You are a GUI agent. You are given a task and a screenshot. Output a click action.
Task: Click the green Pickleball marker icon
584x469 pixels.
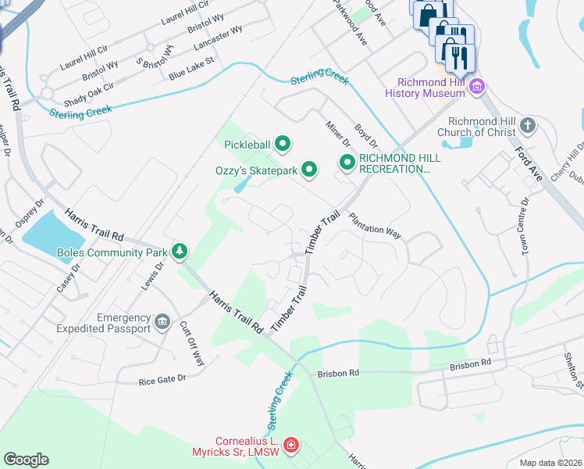point(283,144)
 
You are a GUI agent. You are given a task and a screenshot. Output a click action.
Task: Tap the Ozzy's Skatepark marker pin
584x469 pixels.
point(310,169)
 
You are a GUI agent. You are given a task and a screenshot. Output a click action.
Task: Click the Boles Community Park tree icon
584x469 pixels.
point(180,251)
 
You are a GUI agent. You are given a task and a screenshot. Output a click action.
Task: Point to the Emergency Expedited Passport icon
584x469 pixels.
point(162,321)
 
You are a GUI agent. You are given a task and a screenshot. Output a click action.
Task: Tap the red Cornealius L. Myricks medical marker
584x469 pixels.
point(291,446)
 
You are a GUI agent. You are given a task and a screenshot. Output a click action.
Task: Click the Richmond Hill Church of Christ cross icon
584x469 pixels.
point(528,125)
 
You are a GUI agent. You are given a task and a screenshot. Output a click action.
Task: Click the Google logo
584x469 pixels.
point(26,460)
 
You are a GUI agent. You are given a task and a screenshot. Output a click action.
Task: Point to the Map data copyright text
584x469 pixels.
point(550,463)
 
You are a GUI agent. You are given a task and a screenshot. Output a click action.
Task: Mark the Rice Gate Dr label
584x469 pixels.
point(162,380)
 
